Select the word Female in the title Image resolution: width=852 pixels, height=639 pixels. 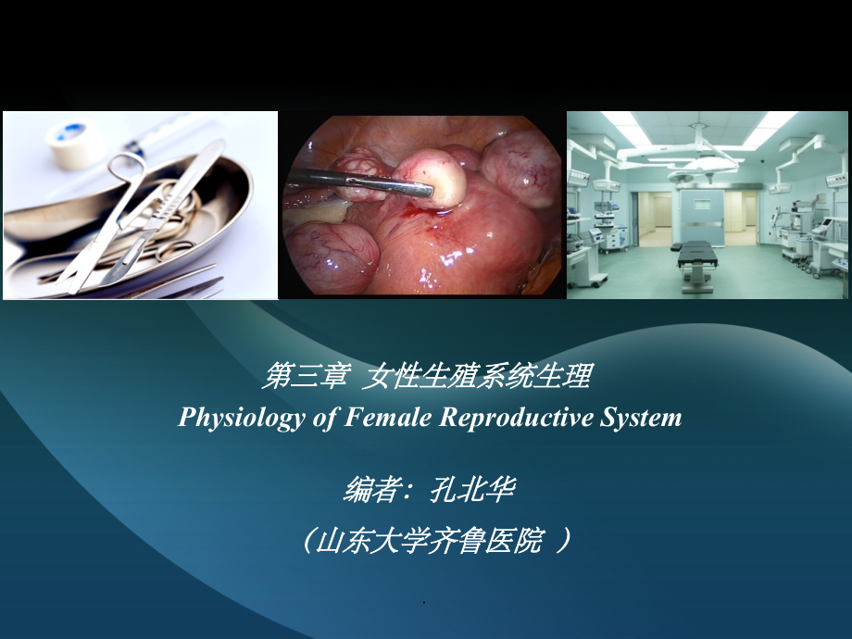click(389, 417)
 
